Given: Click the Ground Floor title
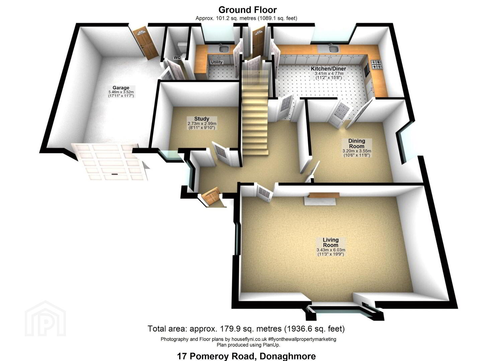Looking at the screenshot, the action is tap(247, 10).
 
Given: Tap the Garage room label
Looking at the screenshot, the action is tap(121, 88).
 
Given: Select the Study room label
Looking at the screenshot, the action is tap(202, 119).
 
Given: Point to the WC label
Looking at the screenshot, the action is tap(177, 57).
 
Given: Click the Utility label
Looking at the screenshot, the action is tap(217, 62).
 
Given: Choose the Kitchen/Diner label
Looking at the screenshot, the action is tap(328, 69).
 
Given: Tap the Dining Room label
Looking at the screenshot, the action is tap(357, 144).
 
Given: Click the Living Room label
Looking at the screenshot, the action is tap(331, 242).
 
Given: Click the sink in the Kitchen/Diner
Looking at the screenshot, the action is tap(333, 48).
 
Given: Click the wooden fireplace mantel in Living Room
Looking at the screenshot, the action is tap(324, 195).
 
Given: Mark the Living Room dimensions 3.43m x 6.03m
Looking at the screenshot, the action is tap(331, 250).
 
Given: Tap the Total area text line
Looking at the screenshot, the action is tap(246, 329).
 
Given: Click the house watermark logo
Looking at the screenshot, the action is tap(45, 319).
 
